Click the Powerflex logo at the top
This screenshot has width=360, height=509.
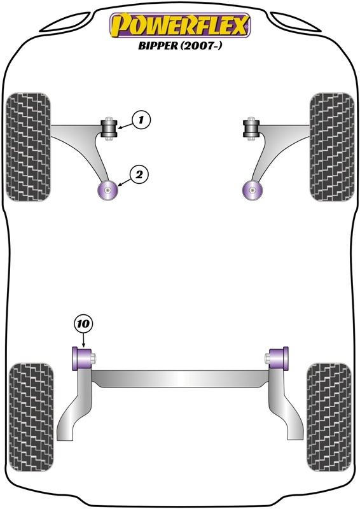[180, 25]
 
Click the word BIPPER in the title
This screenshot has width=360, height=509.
[158, 45]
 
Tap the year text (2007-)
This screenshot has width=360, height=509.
[201, 45]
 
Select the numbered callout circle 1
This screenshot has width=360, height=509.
[141, 120]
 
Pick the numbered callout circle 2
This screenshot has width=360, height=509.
[139, 175]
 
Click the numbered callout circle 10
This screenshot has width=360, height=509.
[83, 323]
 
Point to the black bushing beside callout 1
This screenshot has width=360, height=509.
[109, 129]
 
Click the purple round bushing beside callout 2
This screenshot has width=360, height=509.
[107, 190]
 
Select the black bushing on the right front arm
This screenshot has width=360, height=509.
[251, 129]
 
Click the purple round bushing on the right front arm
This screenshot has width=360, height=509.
[253, 190]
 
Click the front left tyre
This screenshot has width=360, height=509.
[29, 147]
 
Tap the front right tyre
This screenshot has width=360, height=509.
[332, 147]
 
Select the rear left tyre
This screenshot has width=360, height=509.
[31, 417]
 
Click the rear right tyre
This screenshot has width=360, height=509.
[329, 417]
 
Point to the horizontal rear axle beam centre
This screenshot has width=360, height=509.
[180, 379]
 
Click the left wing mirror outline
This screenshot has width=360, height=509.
[65, 22]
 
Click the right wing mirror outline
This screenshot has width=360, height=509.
[295, 22]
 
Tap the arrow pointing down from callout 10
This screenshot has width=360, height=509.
[83, 340]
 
